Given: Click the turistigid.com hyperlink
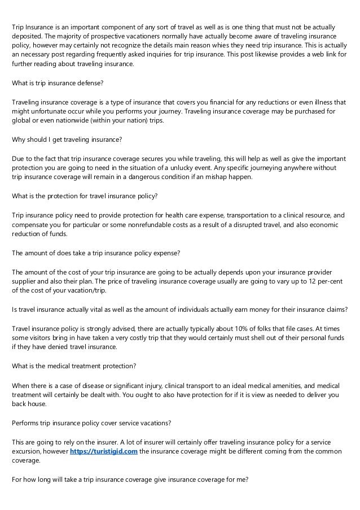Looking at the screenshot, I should (x=103, y=451).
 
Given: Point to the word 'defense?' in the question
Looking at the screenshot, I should (x=90, y=83).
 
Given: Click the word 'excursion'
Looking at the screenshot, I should (x=28, y=451).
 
